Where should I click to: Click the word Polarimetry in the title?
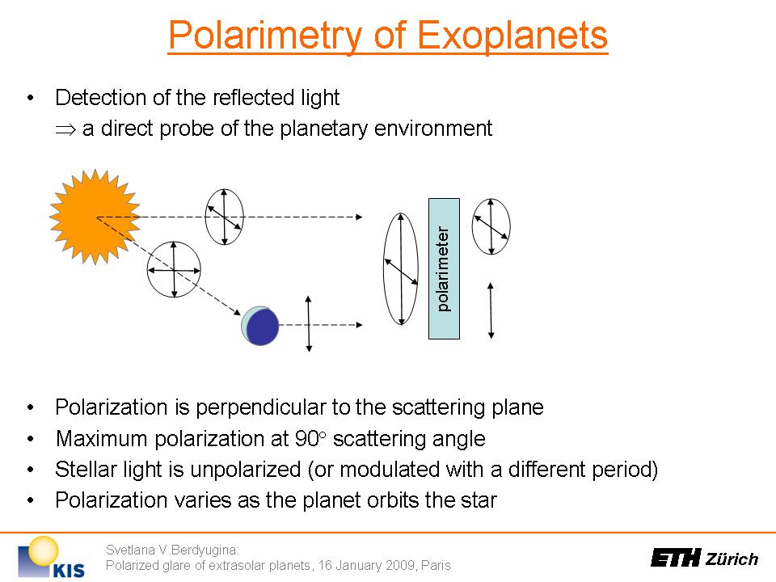coord(266,35)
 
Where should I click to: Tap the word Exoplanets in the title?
coord(512,35)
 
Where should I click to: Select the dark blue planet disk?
coord(262,326)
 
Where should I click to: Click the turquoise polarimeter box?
coord(444,268)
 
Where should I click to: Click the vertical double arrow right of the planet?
coord(309,324)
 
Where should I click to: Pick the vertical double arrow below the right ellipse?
coord(491,310)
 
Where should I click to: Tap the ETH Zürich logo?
coord(704,559)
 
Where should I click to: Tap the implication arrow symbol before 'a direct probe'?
coord(65,129)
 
